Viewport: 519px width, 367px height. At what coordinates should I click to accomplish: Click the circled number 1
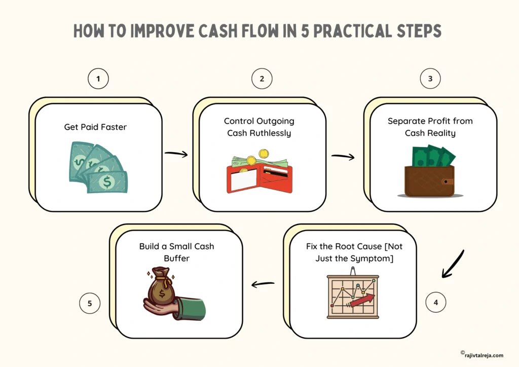click(98, 79)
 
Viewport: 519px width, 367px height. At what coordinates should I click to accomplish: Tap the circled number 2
click(262, 79)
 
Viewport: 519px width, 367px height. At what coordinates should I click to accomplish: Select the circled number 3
click(430, 79)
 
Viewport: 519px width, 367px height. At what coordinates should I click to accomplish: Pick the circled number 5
click(90, 303)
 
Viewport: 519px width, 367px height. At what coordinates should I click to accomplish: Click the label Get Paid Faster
click(95, 127)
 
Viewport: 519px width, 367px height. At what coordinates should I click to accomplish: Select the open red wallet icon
click(259, 172)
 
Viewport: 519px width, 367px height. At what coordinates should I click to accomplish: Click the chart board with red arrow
click(353, 295)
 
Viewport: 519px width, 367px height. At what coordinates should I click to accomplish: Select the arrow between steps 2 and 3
click(343, 156)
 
